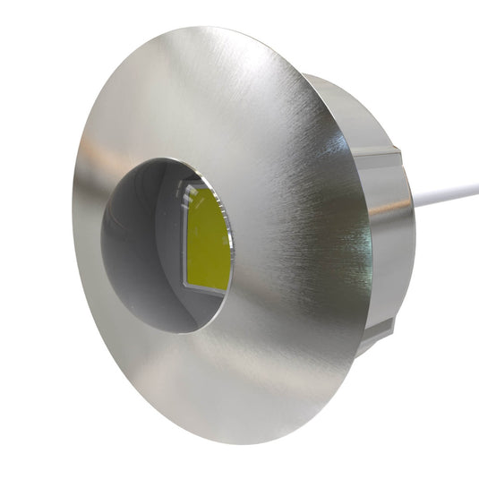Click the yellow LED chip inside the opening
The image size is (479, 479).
tap(209, 239)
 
